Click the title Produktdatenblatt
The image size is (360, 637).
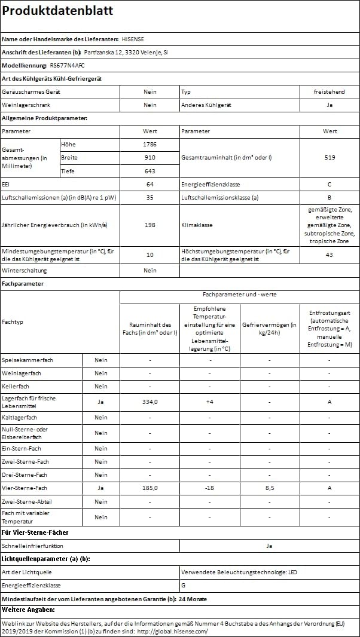[x=57, y=11]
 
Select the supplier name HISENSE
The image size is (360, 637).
[x=132, y=39]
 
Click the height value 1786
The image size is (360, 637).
[x=150, y=145]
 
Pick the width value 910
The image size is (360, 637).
[x=150, y=158]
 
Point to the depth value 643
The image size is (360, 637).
[x=150, y=171]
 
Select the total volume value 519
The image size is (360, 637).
[x=330, y=158]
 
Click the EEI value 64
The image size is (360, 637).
[x=150, y=184]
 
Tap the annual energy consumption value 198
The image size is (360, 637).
[x=150, y=225]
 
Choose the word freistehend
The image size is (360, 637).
[x=330, y=92]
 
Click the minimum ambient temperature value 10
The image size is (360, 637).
[x=150, y=255]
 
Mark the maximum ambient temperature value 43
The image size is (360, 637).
[x=330, y=255]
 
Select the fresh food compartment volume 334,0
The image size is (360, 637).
[x=150, y=402]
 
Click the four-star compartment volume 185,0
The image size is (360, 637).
[x=150, y=488]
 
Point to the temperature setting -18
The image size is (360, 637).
[x=209, y=488]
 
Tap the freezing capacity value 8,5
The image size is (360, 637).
[x=269, y=488]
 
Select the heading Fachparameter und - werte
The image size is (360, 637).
[x=239, y=295]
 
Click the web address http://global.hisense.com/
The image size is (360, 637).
[x=172, y=631]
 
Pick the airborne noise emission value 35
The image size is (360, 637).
[x=150, y=197]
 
